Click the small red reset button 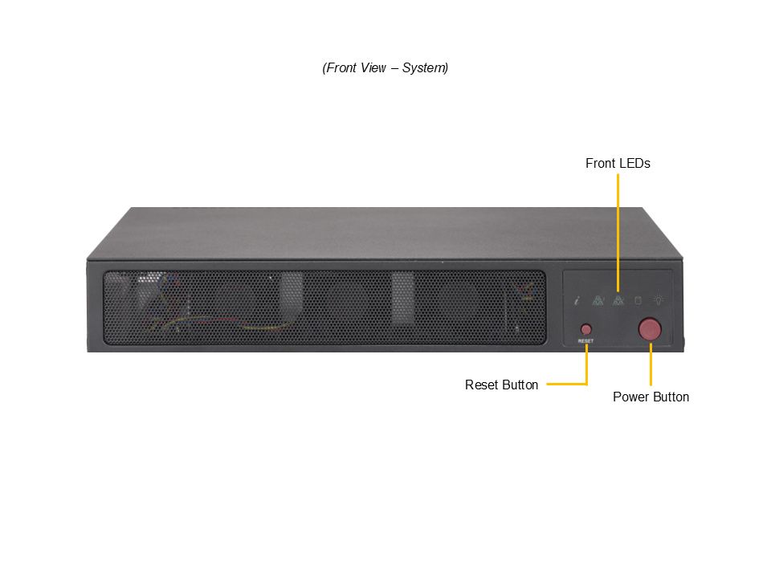[586, 329]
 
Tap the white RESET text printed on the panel [585, 340]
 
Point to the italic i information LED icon [577, 300]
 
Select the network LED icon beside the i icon [598, 300]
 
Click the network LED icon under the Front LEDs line [618, 300]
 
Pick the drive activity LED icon [638, 300]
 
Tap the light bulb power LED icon [659, 299]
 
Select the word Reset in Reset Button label [482, 385]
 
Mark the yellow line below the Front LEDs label [618, 233]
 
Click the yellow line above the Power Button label [651, 364]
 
